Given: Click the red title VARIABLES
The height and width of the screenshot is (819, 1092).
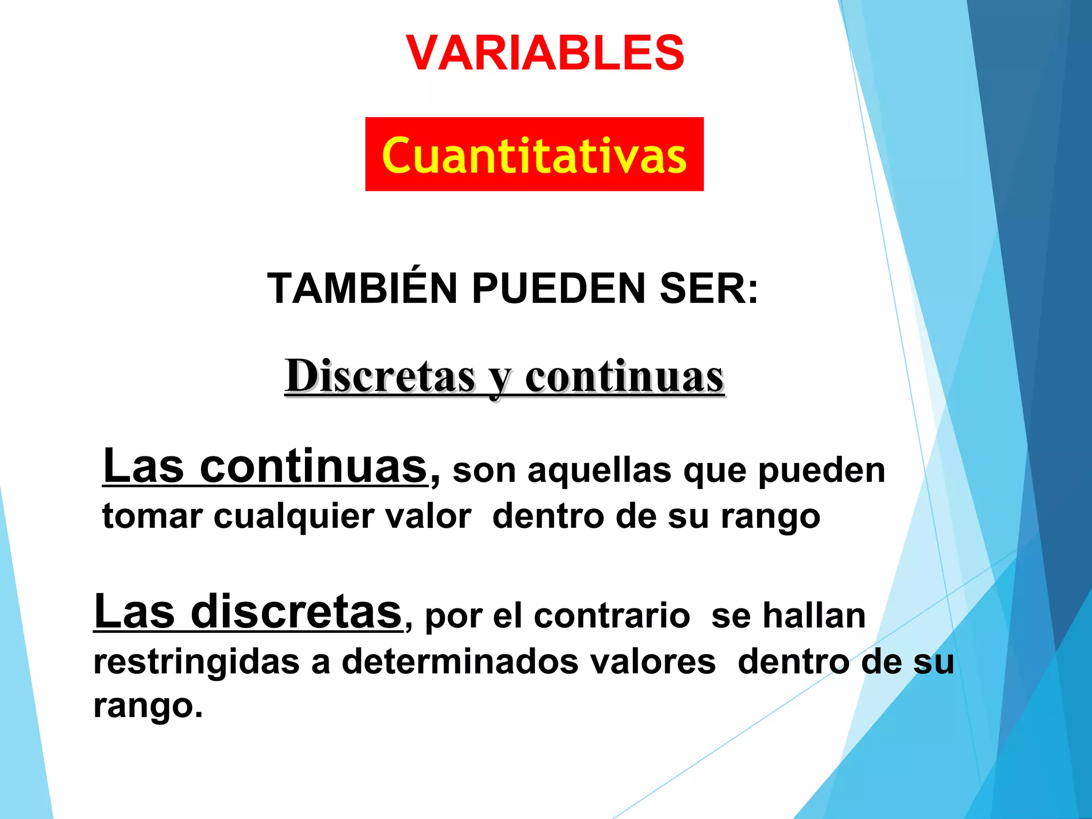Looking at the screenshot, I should pyautogui.click(x=545, y=53).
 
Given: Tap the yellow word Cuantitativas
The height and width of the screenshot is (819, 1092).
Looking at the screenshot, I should pyautogui.click(x=534, y=155).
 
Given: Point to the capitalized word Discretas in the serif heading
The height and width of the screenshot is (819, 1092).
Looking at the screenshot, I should pyautogui.click(x=380, y=376).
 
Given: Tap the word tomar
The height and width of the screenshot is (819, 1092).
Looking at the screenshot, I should pyautogui.click(x=152, y=516).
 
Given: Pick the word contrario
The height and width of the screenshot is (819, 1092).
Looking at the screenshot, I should pyautogui.click(x=612, y=616).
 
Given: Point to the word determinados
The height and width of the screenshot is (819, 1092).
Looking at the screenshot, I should pyautogui.click(x=460, y=662).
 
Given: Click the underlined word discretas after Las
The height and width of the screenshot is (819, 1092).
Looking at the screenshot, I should pyautogui.click(x=296, y=612).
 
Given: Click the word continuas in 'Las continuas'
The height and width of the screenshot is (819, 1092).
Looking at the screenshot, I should pyautogui.click(x=314, y=466).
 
